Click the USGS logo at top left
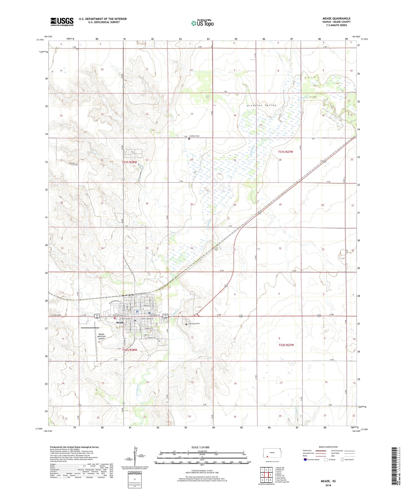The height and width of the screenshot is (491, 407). (62, 22)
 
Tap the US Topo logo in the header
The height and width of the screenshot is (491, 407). (202, 23)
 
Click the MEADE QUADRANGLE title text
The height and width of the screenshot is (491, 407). (336, 19)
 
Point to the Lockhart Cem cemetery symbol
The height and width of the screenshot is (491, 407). (189, 139)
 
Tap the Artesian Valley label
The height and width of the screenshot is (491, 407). (261, 105)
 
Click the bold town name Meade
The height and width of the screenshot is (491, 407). (120, 323)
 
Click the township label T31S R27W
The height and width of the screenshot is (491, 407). (285, 152)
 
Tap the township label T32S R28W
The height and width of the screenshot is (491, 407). (130, 350)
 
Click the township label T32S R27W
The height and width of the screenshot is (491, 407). (286, 345)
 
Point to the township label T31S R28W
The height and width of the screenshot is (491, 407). (129, 162)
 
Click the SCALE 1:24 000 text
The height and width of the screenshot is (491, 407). (200, 447)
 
